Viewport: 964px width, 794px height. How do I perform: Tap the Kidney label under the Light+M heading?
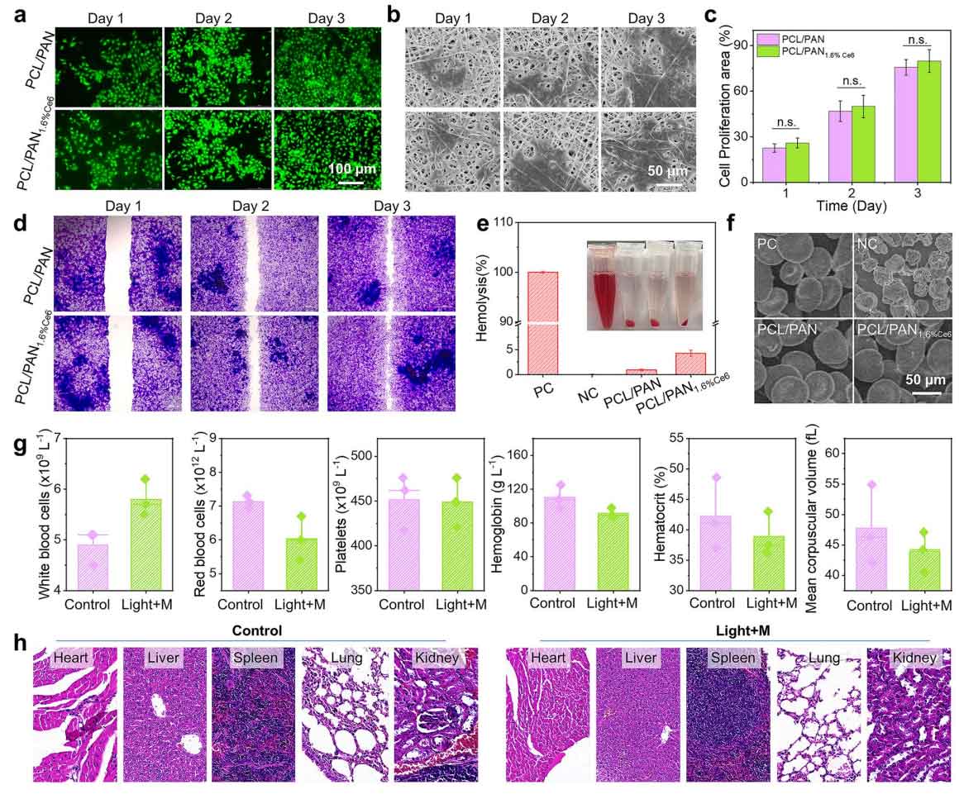[x=914, y=658]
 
